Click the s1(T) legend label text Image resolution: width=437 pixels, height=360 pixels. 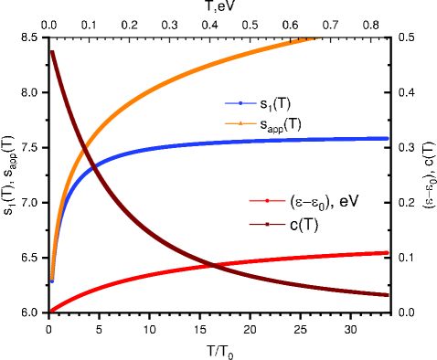point(275,104)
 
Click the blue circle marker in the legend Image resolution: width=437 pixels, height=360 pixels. point(239,103)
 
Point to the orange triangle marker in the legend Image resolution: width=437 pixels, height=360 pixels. point(239,123)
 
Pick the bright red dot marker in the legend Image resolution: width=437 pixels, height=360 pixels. point(265,200)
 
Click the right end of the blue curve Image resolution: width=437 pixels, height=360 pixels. point(389,138)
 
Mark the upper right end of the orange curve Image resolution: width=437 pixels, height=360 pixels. point(319,38)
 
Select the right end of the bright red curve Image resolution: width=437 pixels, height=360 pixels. point(389,252)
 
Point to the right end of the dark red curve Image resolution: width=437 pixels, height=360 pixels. point(389,294)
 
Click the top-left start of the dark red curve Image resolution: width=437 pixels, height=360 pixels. point(53,52)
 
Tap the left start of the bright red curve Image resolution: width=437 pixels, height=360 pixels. point(53,310)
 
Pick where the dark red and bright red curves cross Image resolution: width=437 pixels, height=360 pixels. point(212,265)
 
